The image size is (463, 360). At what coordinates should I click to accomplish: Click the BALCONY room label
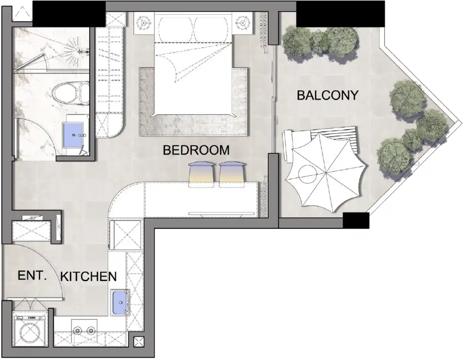click(327, 95)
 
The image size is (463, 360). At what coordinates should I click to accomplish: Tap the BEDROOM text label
click(196, 150)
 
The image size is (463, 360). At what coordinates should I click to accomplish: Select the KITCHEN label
click(88, 276)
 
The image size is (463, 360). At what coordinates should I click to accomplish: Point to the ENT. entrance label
click(33, 276)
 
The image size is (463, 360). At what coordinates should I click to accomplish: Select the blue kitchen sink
click(119, 302)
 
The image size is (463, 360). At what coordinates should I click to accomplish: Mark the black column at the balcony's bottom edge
click(356, 220)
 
